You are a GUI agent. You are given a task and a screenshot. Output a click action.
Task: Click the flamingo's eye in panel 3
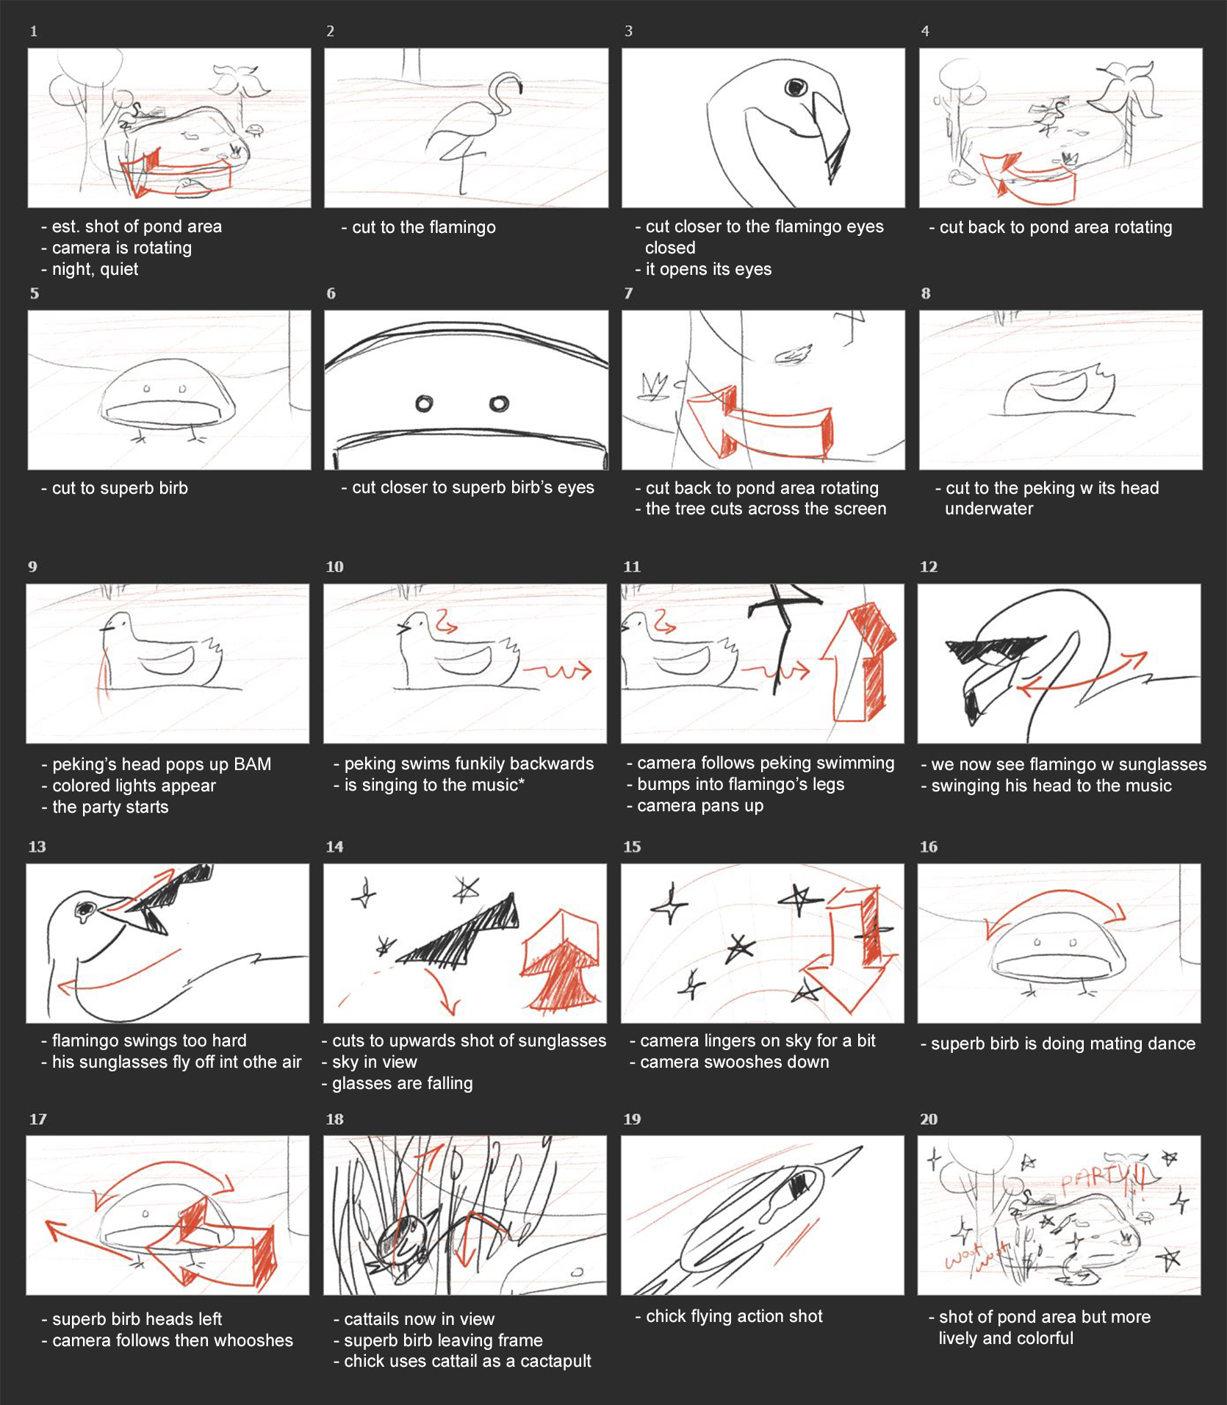click(795, 87)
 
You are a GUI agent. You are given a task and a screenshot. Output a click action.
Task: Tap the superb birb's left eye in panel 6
click(424, 403)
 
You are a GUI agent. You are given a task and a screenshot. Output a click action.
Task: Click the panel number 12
click(929, 567)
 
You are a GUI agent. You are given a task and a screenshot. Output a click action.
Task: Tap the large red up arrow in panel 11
click(858, 661)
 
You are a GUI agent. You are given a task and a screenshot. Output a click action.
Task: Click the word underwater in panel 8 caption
click(989, 509)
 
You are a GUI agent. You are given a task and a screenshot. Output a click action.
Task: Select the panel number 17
click(38, 1119)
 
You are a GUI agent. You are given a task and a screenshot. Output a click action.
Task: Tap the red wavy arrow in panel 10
click(557, 671)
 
